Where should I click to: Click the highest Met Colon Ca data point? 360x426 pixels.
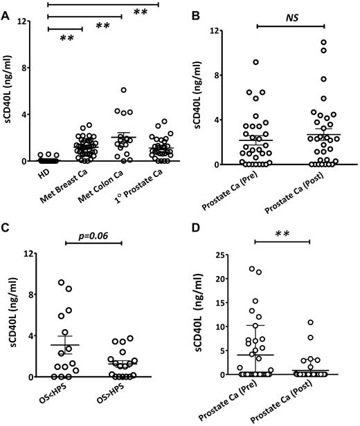click(x=123, y=90)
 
